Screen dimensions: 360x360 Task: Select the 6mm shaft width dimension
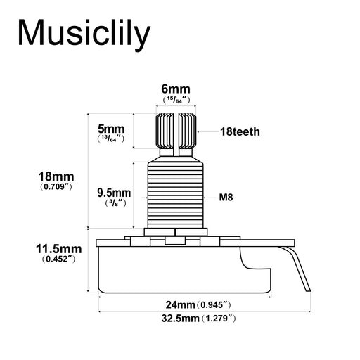pos(175,89)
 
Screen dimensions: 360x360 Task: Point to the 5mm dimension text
pos(110,129)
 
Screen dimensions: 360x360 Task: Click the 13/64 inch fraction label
pos(110,140)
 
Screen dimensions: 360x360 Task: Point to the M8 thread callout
pos(226,198)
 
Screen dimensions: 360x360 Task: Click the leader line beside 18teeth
pos(209,131)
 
